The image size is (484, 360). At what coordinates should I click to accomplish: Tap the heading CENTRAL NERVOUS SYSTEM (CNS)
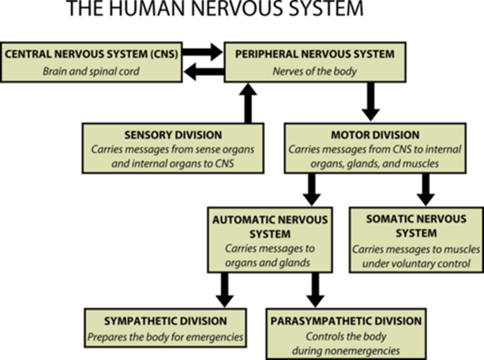[92, 54]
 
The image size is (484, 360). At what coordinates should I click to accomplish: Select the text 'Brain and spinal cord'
[91, 71]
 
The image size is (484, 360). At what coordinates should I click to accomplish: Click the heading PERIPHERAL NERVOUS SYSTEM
[315, 54]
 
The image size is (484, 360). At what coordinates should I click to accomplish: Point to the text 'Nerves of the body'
[314, 71]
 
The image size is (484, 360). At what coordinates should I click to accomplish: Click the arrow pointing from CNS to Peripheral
[202, 52]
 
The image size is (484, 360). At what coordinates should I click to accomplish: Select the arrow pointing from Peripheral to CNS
[204, 72]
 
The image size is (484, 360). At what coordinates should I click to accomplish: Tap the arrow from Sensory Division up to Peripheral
[248, 103]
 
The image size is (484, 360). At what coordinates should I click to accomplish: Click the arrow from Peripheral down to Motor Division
[371, 102]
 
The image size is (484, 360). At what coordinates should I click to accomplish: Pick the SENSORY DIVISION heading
[173, 135]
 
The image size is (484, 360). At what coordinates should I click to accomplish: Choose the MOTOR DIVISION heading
[375, 135]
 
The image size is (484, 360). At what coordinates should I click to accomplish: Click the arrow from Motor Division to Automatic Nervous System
[311, 189]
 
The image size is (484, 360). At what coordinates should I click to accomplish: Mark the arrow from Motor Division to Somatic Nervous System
[426, 189]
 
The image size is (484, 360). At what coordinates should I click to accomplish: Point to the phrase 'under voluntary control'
[416, 264]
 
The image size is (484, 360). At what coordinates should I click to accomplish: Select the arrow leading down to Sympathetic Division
[224, 291]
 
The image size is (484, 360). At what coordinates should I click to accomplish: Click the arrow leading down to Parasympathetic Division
[315, 291]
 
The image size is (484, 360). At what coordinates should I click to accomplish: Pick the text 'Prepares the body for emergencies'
[166, 337]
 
